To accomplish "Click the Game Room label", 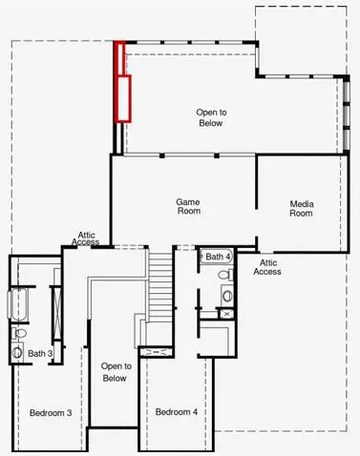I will coord(187,207).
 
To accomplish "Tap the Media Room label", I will coord(302,207).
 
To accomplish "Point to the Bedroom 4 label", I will coord(177,412).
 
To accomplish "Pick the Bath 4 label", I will coord(218,257).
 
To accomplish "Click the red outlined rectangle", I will coord(122,83).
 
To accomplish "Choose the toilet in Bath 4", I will coord(226,276).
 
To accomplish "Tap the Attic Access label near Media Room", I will coord(267,266).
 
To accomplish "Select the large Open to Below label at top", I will coord(210,116).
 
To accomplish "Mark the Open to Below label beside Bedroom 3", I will coord(115,372).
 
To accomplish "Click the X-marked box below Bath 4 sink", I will coord(227,312).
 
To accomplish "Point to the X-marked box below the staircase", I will coord(152,352).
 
